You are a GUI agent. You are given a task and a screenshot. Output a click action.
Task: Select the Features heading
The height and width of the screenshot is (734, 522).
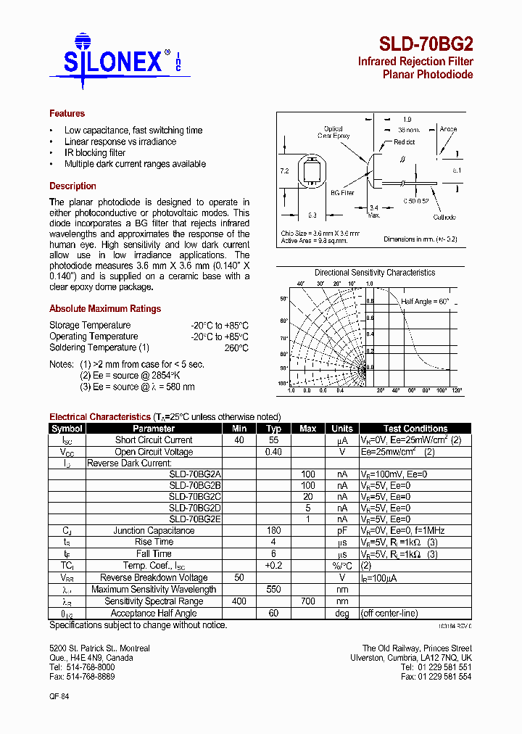click(67, 113)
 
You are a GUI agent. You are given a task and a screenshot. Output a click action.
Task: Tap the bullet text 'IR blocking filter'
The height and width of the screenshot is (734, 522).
click(95, 153)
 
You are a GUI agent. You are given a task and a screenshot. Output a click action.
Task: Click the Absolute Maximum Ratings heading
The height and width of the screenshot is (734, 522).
click(105, 308)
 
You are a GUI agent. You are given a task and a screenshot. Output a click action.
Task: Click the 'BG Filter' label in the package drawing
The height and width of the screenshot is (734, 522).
click(342, 193)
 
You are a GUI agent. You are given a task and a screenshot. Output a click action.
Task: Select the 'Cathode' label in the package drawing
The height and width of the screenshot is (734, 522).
click(444, 217)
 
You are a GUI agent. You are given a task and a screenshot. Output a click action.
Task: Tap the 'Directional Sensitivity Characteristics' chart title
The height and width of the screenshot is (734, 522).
click(375, 273)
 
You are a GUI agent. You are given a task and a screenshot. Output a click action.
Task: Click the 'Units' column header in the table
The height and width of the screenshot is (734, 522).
click(342, 429)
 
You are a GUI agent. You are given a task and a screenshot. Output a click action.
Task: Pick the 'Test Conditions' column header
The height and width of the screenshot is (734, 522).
click(415, 429)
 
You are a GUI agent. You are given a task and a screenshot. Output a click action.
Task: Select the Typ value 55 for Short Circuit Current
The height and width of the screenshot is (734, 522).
click(273, 440)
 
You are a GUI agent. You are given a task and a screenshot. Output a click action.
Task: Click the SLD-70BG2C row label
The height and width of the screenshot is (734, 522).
click(195, 497)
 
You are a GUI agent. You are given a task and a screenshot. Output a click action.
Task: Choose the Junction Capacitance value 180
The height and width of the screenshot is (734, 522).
click(273, 531)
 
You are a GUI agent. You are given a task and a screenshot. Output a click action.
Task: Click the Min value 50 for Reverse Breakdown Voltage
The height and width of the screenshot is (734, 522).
click(239, 578)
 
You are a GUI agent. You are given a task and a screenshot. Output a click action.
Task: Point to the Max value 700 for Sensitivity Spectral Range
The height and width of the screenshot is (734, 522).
click(307, 601)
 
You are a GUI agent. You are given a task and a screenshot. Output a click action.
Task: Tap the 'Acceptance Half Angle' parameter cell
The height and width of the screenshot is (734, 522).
click(154, 613)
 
